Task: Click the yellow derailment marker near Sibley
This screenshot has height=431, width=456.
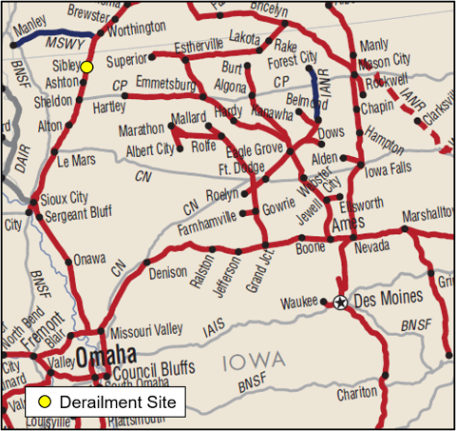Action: coord(86,67)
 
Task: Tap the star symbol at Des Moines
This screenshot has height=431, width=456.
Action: coord(340,303)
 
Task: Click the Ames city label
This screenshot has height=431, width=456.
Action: coord(349,225)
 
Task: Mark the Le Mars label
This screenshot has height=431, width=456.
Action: coord(77,162)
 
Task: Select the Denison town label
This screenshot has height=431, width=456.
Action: coord(169,272)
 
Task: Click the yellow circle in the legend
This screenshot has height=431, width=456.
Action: coord(44,402)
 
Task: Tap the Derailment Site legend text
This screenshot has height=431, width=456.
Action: coord(118,402)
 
